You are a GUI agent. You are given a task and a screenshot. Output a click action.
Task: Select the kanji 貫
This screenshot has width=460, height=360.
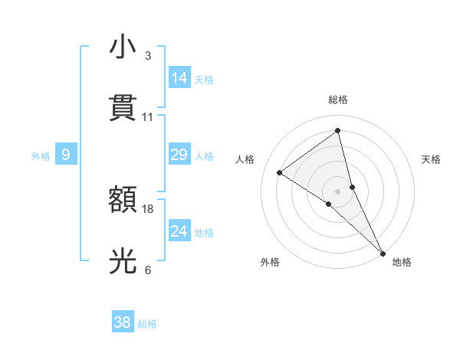(123, 107)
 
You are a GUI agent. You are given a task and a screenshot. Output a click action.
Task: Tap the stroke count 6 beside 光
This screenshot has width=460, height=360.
(147, 270)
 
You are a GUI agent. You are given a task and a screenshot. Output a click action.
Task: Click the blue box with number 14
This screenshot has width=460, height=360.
(179, 78)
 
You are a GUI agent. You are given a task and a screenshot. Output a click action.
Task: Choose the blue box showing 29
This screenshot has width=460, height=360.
(179, 155)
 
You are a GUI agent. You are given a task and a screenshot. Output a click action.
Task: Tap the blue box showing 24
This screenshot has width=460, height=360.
(179, 231)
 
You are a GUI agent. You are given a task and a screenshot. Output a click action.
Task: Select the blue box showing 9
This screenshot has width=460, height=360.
(66, 155)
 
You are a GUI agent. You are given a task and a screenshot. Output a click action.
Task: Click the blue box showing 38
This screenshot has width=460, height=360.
(123, 322)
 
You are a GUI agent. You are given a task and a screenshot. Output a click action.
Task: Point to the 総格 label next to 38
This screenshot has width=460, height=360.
(147, 324)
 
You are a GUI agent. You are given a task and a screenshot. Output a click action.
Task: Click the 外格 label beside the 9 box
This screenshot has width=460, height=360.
(41, 156)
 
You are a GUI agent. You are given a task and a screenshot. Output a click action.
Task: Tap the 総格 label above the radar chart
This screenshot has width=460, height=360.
(338, 100)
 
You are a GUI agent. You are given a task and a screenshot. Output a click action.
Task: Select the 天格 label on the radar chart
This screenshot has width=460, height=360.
(431, 159)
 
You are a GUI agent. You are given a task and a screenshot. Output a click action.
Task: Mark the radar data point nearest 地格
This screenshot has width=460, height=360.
(383, 253)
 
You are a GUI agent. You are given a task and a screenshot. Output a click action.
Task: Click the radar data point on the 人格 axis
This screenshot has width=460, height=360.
(280, 173)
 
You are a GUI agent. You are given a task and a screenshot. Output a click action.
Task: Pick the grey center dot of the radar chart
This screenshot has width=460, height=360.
(338, 191)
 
